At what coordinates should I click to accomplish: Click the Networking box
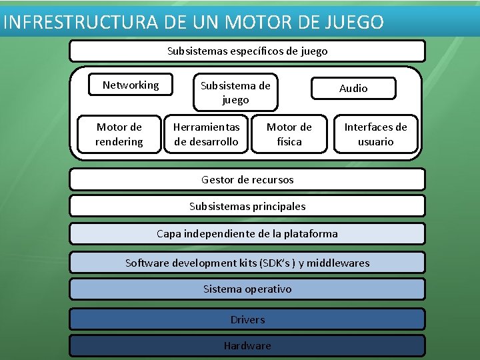(131, 85)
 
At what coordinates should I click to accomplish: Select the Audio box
(353, 88)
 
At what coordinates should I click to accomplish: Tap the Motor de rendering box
(119, 134)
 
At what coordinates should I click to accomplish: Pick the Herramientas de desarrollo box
(206, 134)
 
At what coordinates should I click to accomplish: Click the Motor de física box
(289, 134)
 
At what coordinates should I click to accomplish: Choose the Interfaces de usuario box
(375, 134)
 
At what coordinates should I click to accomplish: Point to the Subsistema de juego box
(235, 93)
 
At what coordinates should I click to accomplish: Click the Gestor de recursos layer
(247, 179)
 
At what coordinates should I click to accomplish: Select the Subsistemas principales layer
(247, 206)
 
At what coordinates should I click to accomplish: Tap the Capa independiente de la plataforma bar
(247, 233)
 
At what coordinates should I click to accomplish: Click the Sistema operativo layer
(247, 289)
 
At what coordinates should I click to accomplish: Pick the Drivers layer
(247, 319)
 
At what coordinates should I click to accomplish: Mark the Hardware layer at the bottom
(247, 345)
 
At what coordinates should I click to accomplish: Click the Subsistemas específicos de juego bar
(247, 51)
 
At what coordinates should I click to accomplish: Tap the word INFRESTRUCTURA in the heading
(81, 22)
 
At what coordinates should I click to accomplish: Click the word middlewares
(338, 263)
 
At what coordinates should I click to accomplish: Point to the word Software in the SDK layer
(147, 263)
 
